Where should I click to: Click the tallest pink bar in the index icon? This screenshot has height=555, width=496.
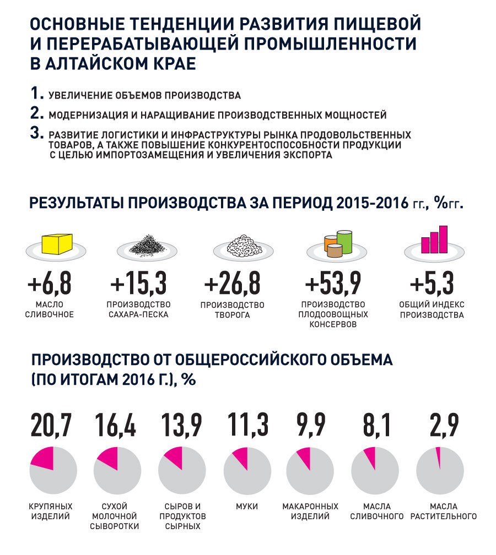tap(442, 237)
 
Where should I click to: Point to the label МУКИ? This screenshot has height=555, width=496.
tap(246, 506)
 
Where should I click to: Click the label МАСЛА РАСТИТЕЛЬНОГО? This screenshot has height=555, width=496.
tap(443, 511)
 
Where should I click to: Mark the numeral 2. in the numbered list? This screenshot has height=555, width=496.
tap(37, 113)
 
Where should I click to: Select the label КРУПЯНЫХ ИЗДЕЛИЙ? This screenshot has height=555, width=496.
tap(50, 511)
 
